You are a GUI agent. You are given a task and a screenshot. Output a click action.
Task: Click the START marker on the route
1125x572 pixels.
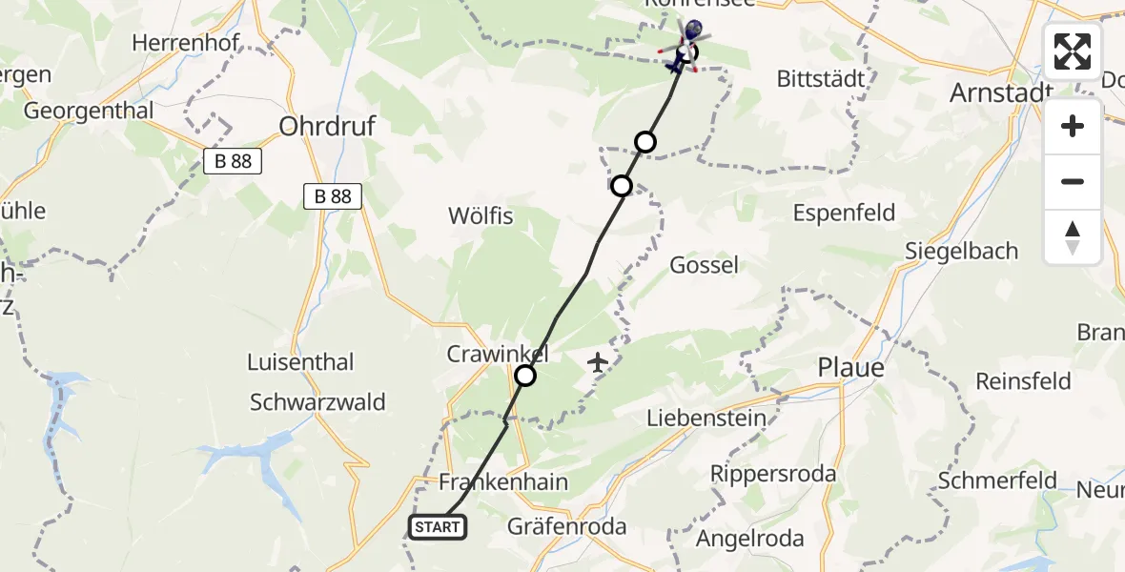(438, 526)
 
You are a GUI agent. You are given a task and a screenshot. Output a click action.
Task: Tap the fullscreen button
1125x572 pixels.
(1073, 51)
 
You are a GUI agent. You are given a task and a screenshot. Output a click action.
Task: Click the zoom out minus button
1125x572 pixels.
(1073, 181)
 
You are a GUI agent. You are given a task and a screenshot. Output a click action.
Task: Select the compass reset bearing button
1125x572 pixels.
(1073, 236)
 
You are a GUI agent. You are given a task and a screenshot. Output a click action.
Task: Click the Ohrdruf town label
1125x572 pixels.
(327, 125)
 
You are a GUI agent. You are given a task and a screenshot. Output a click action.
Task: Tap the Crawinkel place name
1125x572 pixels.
(498, 354)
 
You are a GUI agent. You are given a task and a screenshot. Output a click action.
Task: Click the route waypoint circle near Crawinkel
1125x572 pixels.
(525, 376)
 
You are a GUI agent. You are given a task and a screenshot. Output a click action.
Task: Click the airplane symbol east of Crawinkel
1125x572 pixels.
(598, 362)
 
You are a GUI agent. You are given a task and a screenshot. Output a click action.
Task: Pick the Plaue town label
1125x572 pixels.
(851, 368)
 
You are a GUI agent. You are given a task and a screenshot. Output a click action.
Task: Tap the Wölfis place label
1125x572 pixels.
(481, 216)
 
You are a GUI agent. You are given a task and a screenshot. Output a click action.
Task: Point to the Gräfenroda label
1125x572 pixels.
(566, 526)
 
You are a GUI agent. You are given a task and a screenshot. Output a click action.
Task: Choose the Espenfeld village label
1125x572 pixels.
(844, 212)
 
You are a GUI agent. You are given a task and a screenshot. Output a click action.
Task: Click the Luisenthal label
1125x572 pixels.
(300, 362)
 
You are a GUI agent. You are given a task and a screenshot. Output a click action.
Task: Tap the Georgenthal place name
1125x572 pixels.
(89, 111)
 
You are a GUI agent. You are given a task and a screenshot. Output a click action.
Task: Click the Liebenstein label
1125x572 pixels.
(706, 418)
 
